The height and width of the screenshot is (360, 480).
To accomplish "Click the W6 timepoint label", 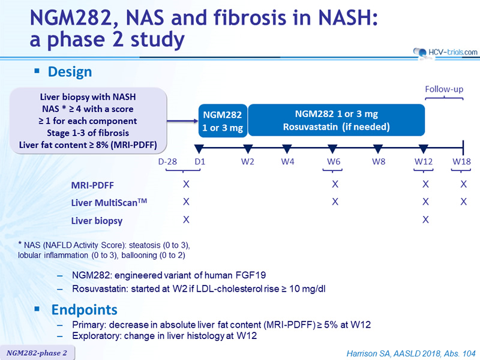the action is click(x=334, y=161).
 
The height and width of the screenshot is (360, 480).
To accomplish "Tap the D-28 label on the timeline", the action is click(x=167, y=161).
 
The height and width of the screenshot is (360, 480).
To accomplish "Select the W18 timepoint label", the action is click(x=461, y=161).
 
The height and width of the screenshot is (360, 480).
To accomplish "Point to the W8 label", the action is click(x=379, y=161).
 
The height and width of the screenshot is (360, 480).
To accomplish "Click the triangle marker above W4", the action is click(x=287, y=149).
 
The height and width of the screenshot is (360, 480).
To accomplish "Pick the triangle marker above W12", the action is click(x=424, y=149).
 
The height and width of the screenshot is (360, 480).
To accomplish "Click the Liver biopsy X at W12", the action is click(x=425, y=220).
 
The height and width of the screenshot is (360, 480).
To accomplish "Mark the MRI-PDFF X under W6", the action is click(x=335, y=184).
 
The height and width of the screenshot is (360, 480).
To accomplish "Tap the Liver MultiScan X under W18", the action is click(x=463, y=202).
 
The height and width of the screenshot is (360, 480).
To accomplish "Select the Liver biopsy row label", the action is click(x=97, y=221).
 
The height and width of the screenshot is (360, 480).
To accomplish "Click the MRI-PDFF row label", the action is click(x=92, y=185).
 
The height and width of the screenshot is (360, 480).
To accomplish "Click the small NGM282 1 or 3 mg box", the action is click(x=223, y=121).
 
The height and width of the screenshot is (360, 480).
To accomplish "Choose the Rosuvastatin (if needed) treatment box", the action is click(x=336, y=120).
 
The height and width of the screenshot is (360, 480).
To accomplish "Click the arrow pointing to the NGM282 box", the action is click(x=182, y=121).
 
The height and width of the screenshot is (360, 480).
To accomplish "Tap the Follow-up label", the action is click(x=444, y=89).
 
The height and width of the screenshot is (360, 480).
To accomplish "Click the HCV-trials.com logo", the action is click(x=445, y=52).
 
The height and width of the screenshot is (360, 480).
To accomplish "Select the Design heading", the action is click(x=70, y=72).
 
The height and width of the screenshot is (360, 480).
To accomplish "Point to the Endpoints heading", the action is click(x=84, y=310).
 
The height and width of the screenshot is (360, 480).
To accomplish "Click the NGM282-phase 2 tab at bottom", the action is click(x=37, y=353).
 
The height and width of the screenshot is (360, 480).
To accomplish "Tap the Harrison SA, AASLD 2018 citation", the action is click(x=411, y=353).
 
